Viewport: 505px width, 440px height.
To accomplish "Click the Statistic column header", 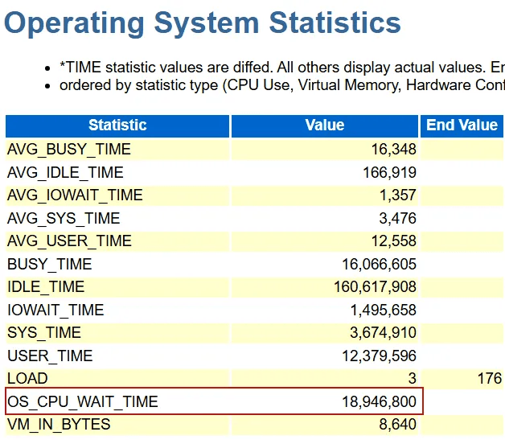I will pyautogui.click(x=117, y=125).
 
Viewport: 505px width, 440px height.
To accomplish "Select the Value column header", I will pyautogui.click(x=325, y=125).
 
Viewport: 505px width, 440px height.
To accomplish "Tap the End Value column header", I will pyautogui.click(x=462, y=125).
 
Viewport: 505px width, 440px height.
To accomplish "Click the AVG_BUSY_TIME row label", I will pyautogui.click(x=68, y=150).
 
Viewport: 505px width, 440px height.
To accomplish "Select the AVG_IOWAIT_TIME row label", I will pyautogui.click(x=75, y=195).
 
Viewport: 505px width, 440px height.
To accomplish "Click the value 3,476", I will pyautogui.click(x=396, y=218).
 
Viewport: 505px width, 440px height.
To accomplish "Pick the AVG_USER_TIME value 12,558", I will pyautogui.click(x=392, y=241).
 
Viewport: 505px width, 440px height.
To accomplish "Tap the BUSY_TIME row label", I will pyautogui.click(x=49, y=264).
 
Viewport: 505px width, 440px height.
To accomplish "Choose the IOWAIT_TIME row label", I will pyautogui.click(x=55, y=310).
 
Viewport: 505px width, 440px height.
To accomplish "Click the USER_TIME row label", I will pyautogui.click(x=50, y=356).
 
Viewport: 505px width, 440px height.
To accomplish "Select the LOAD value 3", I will pyautogui.click(x=412, y=379).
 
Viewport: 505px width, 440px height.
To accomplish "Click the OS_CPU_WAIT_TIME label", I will pyautogui.click(x=83, y=401).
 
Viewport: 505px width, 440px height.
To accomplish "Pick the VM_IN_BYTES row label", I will pyautogui.click(x=59, y=424).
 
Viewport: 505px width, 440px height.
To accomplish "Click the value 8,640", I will pyautogui.click(x=396, y=424).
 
